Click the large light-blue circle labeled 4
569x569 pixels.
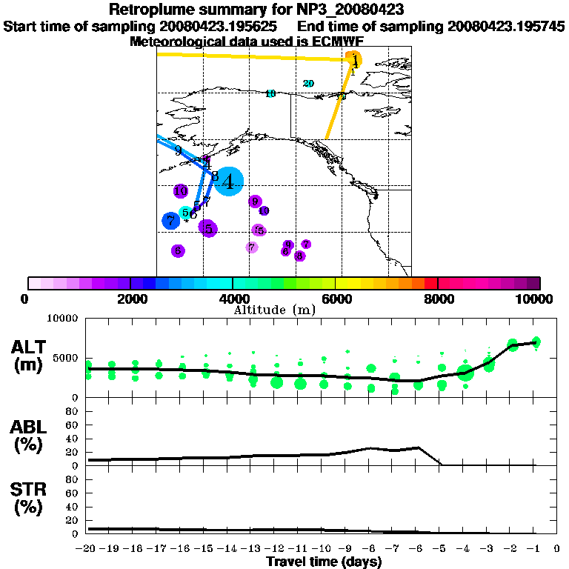[230, 181]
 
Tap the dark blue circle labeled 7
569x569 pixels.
[171, 220]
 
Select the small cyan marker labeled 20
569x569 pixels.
[308, 83]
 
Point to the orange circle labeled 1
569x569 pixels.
[356, 59]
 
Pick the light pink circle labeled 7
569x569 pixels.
[252, 247]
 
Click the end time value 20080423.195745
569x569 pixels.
[507, 26]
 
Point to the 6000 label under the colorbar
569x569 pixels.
[335, 299]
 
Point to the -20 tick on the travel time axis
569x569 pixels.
[86, 548]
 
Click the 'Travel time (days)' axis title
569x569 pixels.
[324, 562]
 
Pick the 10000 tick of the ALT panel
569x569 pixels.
[64, 319]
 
